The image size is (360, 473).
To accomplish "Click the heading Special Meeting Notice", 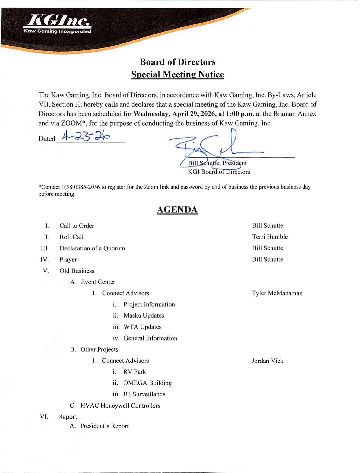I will pos(177,74).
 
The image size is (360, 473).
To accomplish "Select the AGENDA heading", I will pos(177,209).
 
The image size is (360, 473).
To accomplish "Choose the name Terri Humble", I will pos(270,237).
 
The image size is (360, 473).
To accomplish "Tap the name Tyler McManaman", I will pos(277,293).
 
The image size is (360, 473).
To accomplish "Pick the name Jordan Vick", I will pos(267,361).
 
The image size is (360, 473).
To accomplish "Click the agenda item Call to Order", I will pos(77,226).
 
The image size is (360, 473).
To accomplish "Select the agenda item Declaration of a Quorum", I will pos(92,248).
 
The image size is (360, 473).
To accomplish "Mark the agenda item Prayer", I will pos(68,260).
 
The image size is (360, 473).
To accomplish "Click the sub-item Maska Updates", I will pos(144,316).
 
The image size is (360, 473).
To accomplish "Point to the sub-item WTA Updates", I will pos(142,327).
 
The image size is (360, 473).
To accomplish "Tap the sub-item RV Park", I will pos(134,372).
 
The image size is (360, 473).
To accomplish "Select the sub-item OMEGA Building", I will pos(147,383).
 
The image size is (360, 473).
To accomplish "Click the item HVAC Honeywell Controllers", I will pos(120,406).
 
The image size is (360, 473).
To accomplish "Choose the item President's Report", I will pos(104,426).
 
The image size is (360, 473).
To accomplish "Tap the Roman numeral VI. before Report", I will pos(44,416).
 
